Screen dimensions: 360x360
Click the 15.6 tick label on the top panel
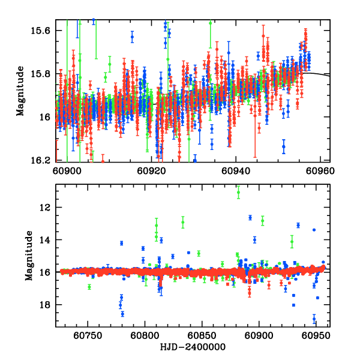click(44, 31)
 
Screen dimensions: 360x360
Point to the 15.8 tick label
click(44, 74)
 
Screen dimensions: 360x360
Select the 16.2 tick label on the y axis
click(44, 160)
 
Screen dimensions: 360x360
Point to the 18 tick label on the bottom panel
click(48, 305)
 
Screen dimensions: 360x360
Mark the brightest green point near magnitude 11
click(238, 192)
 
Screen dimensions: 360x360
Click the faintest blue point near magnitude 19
click(314, 319)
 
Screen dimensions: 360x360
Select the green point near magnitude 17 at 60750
click(89, 287)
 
